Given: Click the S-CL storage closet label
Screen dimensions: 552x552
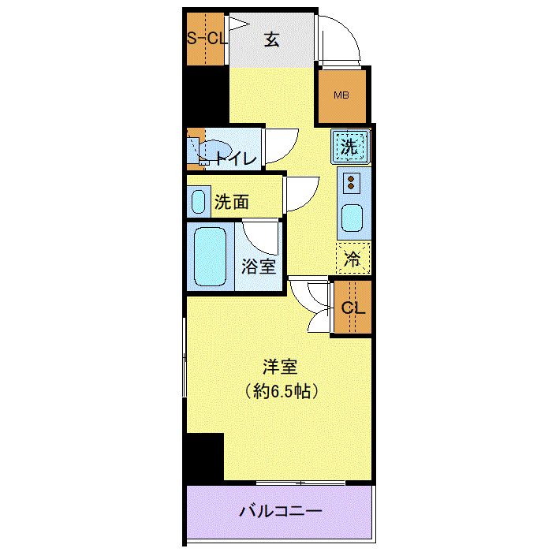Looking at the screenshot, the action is [207, 38].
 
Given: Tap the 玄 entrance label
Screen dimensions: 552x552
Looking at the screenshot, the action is [272, 39].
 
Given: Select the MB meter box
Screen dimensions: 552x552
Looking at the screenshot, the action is [341, 95].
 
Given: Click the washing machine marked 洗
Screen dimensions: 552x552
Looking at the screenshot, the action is [351, 147].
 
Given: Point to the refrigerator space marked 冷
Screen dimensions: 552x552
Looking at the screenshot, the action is [353, 258].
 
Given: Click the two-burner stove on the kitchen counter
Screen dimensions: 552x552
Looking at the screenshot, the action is [351, 183].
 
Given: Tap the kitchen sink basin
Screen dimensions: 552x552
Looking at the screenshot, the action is [352, 218].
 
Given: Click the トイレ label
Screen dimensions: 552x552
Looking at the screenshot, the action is [236, 159].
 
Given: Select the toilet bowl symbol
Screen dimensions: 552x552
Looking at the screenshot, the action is [211, 151].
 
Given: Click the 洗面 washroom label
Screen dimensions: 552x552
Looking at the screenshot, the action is [232, 202].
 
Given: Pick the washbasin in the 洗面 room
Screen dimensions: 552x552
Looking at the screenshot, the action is [198, 202].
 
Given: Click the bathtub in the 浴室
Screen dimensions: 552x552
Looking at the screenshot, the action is [210, 256].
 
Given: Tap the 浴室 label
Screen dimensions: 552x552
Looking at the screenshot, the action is [259, 267].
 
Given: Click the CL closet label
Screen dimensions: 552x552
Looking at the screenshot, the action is [353, 308].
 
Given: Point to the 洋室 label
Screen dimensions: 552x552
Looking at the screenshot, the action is [280, 367].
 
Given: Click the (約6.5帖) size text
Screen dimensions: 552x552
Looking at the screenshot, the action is [282, 391].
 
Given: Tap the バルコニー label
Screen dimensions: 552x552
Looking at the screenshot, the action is [281, 511].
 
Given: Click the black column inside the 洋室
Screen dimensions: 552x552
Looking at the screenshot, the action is [205, 457].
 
